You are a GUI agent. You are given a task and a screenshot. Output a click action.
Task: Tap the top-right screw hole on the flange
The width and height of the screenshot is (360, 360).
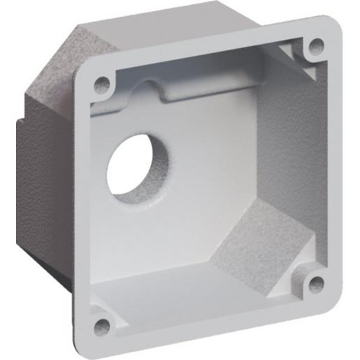[316, 46]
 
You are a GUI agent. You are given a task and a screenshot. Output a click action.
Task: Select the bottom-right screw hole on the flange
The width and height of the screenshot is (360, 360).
[316, 283]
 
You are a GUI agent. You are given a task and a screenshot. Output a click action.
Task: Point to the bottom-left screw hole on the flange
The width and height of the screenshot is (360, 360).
[103, 324]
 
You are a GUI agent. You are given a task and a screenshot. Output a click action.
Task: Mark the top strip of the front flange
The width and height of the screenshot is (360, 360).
[210, 49]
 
